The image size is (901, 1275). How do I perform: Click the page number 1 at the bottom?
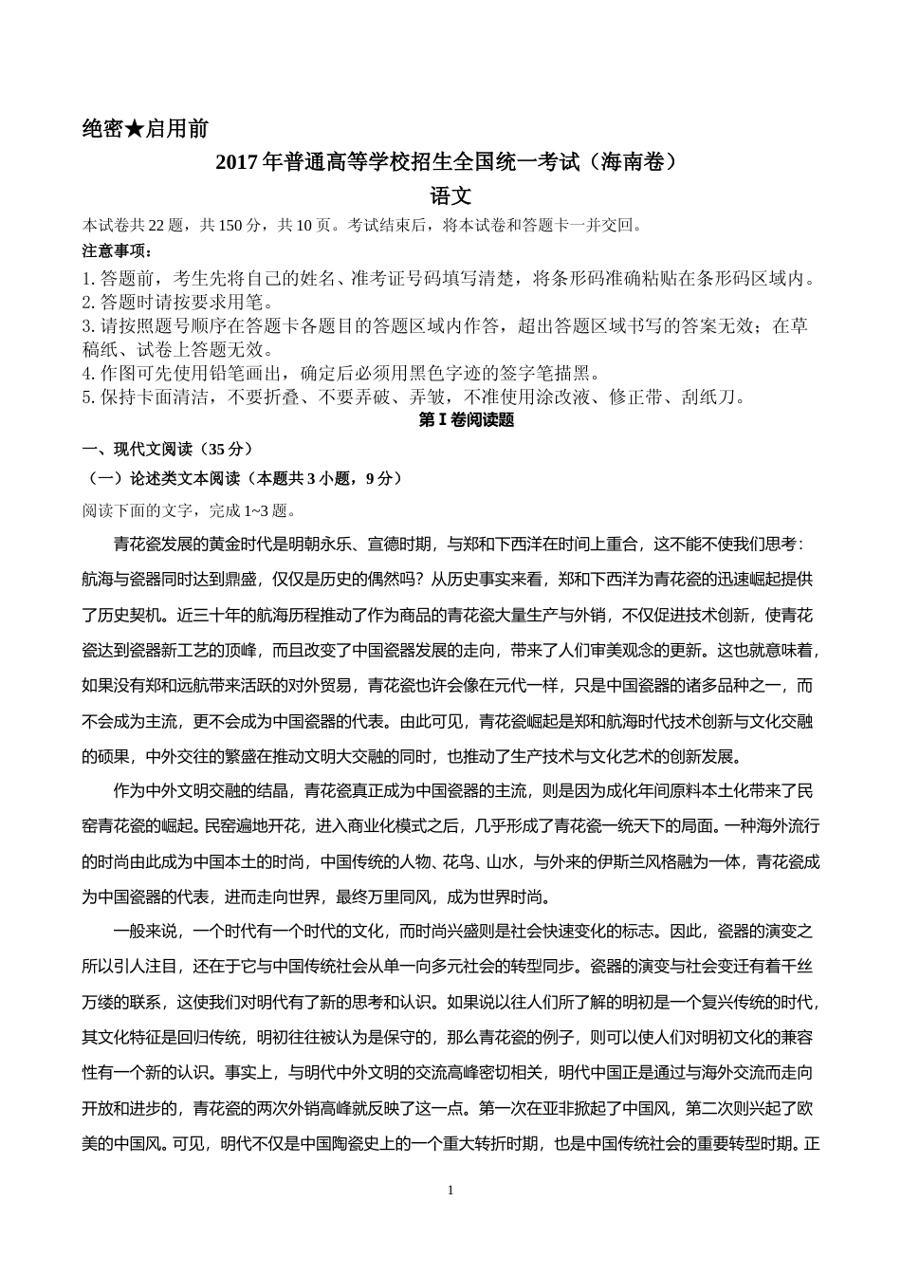coord(450,1190)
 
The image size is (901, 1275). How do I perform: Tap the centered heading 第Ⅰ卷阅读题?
coord(467,420)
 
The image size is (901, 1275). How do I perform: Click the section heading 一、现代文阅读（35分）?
coord(167,449)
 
